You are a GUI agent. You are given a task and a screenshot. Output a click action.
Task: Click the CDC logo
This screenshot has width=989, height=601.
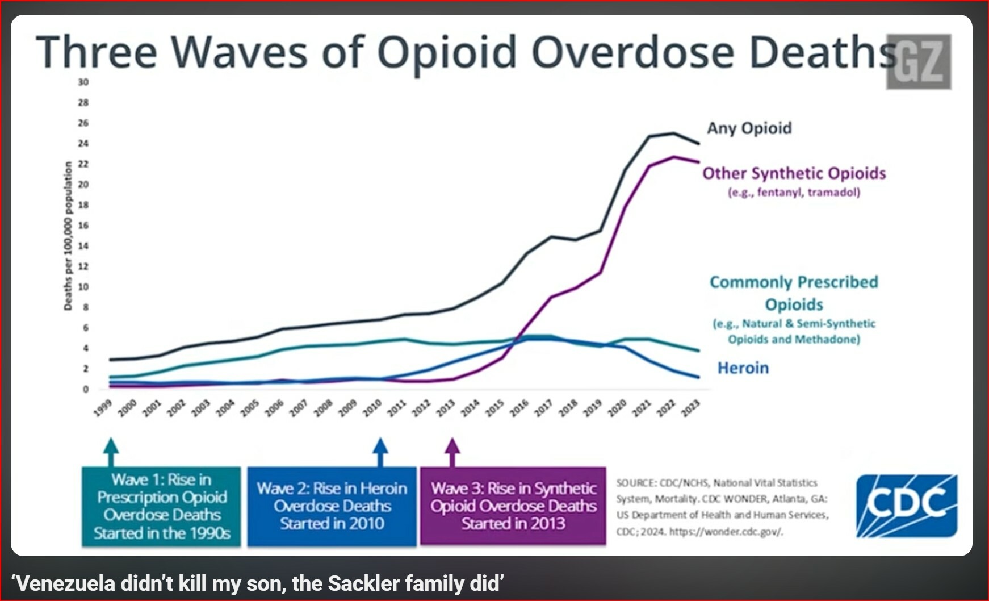906,506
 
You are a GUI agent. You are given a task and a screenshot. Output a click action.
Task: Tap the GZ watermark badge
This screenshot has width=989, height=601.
919,61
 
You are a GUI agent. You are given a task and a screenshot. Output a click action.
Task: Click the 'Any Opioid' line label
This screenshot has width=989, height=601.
749,128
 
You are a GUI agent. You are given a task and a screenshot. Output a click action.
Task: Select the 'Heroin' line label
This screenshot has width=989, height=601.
743,368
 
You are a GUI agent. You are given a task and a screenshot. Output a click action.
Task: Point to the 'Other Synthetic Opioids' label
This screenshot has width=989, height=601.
794,173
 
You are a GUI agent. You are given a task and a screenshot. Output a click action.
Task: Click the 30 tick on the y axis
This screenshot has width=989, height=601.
83,82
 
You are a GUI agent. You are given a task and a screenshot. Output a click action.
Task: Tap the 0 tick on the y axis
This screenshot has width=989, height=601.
86,389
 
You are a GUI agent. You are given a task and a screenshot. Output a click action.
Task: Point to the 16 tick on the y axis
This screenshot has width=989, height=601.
83,226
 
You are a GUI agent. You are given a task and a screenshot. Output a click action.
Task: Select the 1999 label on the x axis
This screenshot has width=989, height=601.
102,408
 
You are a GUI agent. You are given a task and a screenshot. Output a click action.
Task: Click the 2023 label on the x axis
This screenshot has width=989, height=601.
690,408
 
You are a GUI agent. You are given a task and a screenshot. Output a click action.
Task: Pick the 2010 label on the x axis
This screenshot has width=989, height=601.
372,408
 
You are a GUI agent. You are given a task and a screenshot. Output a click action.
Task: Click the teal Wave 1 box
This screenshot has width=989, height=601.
161,506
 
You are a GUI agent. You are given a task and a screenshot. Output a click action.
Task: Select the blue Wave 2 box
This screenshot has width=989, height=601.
332,506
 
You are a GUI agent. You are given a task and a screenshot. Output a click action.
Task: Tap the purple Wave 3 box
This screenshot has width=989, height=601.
513,506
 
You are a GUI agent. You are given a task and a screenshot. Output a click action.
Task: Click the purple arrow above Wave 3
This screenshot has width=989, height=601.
452,452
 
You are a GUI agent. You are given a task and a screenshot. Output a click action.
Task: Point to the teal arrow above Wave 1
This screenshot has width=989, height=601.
112,452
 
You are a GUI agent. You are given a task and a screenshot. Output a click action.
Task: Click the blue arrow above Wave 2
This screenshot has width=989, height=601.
380,452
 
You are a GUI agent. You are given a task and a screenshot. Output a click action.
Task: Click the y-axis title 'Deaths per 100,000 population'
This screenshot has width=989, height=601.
68,236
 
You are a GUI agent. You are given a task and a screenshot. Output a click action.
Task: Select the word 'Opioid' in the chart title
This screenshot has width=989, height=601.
447,52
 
